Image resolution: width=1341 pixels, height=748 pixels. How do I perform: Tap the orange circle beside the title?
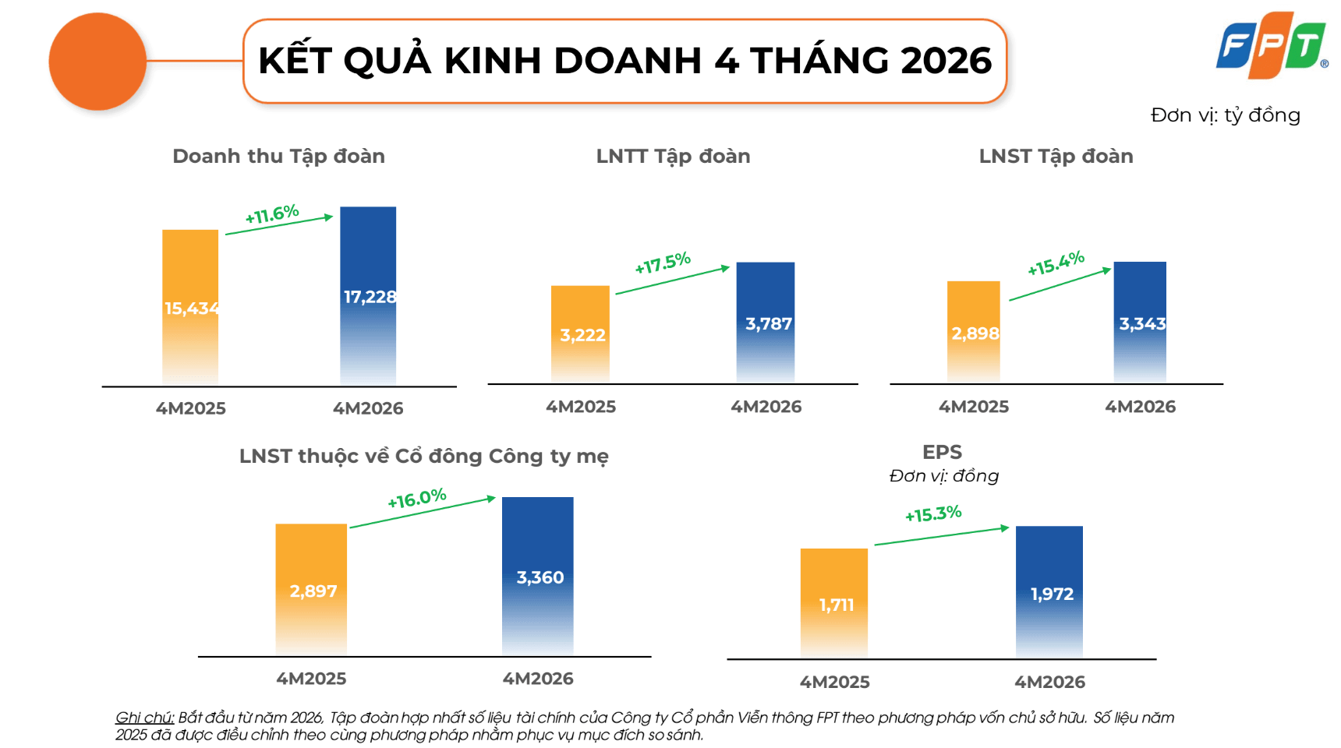97,62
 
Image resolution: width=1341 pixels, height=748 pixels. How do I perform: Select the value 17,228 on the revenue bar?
370,297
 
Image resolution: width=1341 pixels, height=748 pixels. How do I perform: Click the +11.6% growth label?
272,214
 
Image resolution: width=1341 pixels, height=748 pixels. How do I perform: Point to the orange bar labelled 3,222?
580,334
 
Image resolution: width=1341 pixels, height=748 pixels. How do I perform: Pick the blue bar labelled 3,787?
766,323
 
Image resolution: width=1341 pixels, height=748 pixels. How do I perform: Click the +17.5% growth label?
663,263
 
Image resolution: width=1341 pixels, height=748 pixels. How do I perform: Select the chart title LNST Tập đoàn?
1056,157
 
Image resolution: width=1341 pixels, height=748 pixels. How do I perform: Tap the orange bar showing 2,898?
974,332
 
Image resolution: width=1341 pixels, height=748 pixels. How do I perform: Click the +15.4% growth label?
1056,263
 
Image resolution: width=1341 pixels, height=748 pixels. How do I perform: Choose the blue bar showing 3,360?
538,577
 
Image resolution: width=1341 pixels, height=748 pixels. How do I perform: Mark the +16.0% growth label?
417,499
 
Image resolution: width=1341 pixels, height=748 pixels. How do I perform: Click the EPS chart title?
942,452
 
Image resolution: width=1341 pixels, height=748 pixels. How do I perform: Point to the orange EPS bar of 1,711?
834,604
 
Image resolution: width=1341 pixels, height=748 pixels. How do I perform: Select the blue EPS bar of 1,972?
1049,593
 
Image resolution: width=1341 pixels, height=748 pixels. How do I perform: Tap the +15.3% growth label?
933,514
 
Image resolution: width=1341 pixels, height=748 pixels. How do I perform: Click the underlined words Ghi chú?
145,718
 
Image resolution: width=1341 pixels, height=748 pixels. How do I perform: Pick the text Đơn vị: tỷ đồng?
1226,115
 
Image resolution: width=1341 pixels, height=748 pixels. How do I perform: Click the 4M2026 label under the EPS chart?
1049,682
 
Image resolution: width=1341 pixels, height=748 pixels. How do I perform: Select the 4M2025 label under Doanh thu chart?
191,408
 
